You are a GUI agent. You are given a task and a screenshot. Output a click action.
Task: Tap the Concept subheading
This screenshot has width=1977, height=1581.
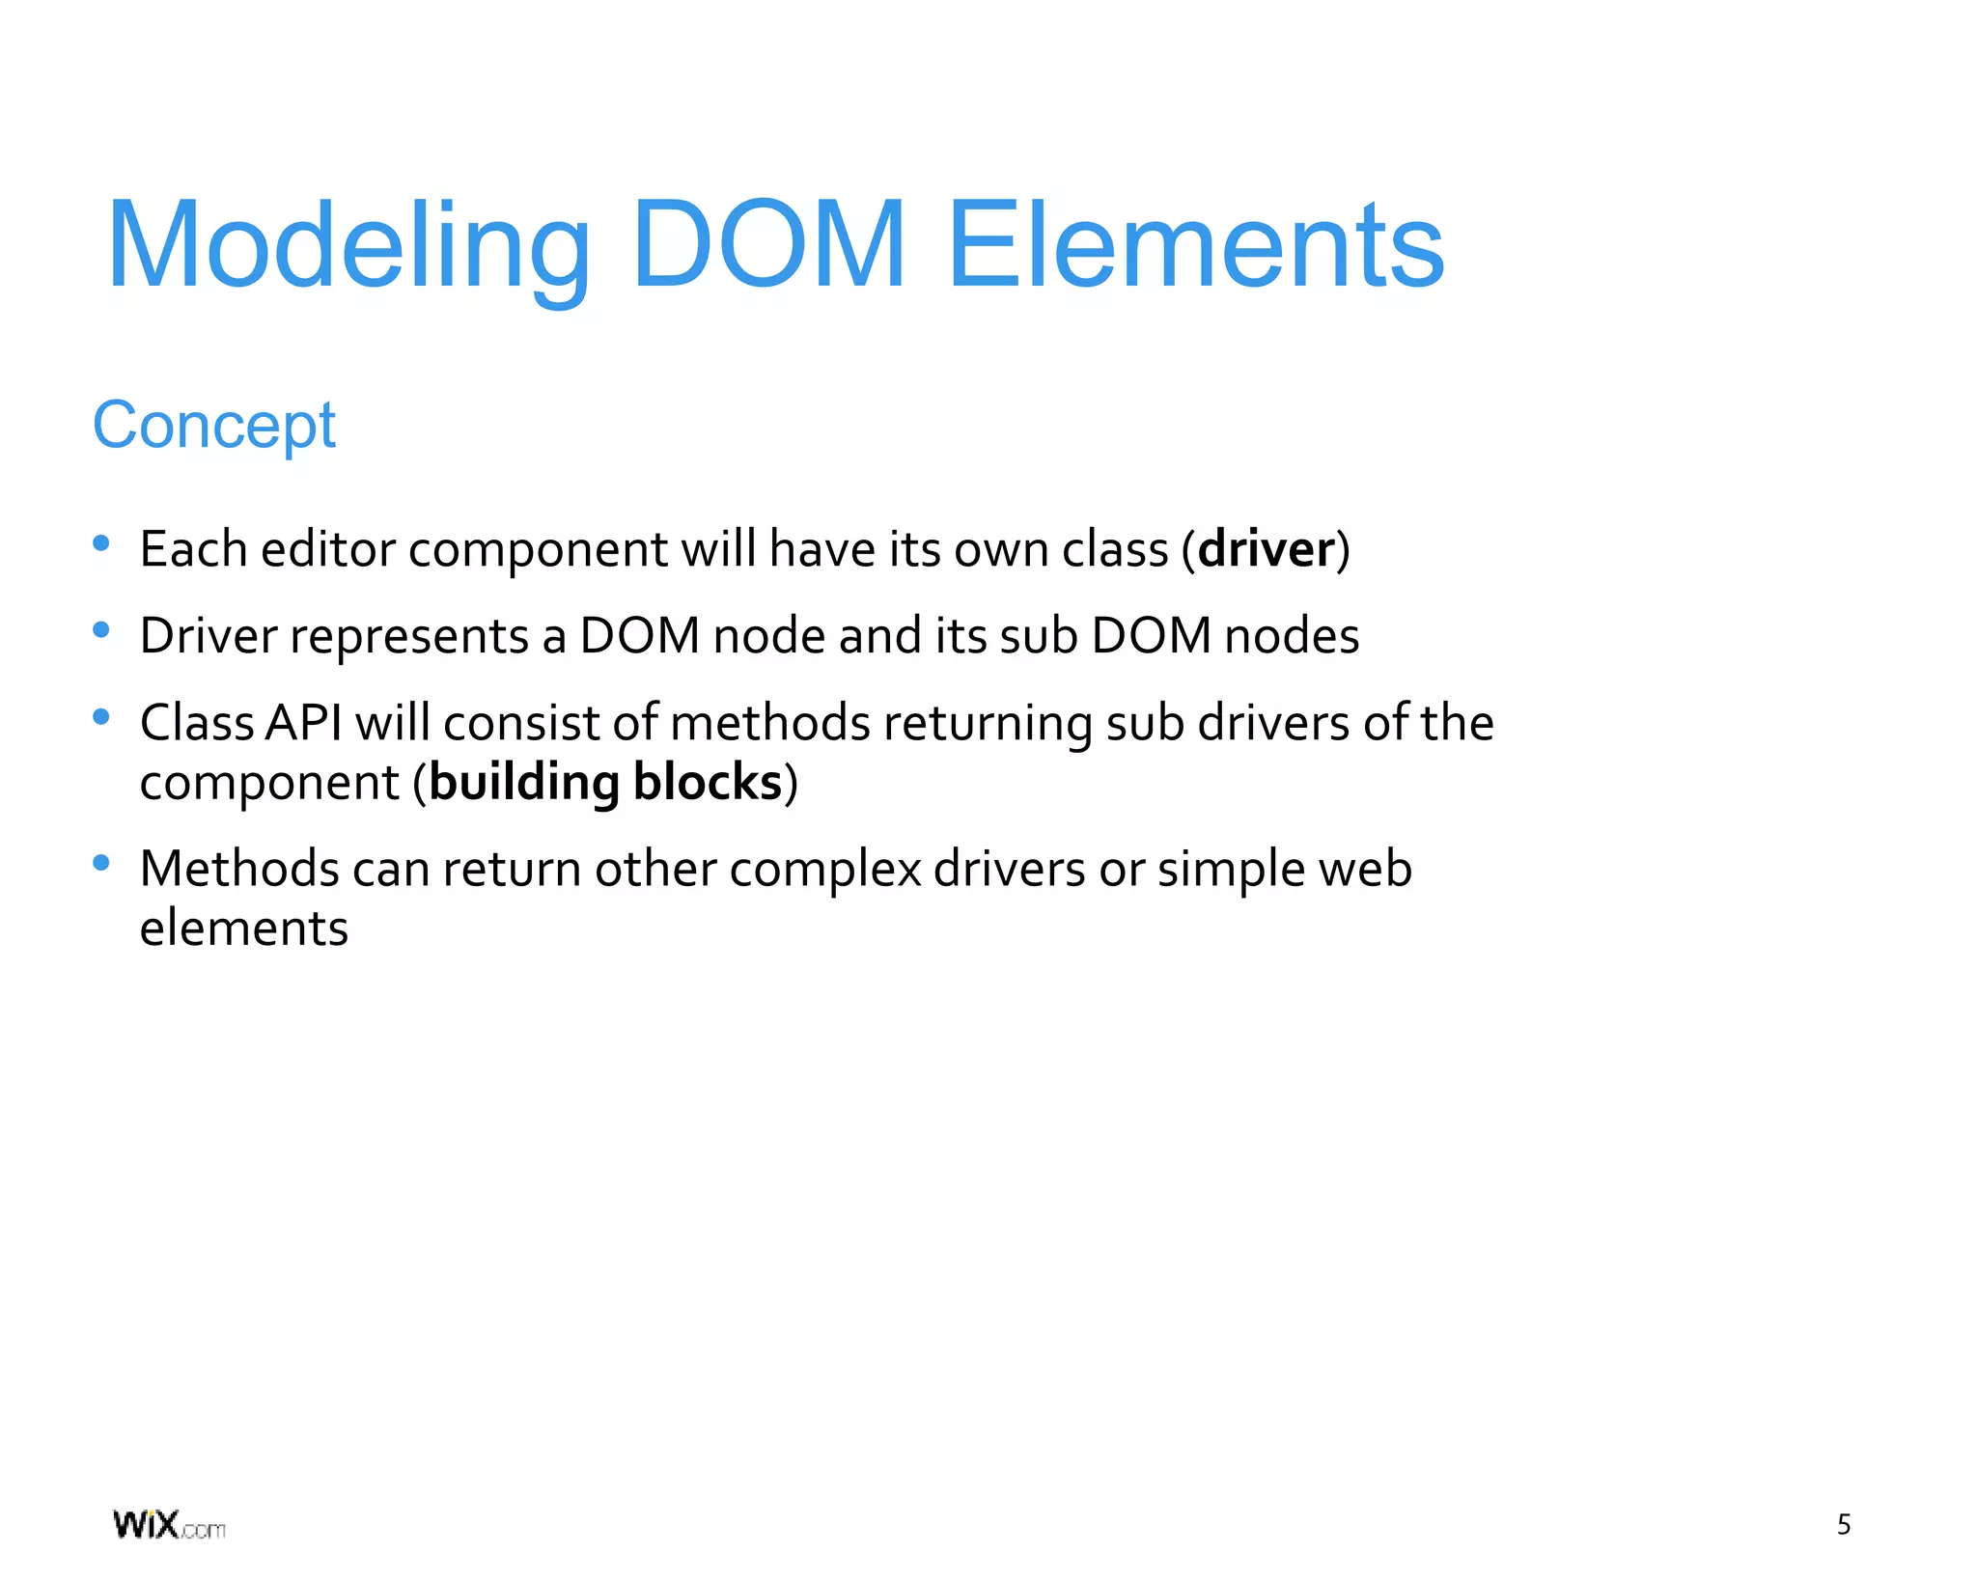pyautogui.click(x=213, y=425)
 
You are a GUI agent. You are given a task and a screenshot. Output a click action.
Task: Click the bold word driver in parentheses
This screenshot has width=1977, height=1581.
pyautogui.click(x=1266, y=549)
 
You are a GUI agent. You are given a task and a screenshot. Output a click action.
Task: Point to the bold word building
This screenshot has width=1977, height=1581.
pyautogui.click(x=523, y=782)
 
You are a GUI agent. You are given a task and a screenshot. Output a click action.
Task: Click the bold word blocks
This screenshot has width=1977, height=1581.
pyautogui.click(x=708, y=782)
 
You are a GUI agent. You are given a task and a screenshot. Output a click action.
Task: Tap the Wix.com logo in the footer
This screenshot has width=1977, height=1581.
pyautogui.click(x=169, y=1525)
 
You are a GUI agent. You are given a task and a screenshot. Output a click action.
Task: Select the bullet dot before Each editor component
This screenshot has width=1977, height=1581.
pyautogui.click(x=100, y=543)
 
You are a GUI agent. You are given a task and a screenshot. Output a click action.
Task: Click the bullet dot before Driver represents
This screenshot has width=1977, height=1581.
pyautogui.click(x=100, y=630)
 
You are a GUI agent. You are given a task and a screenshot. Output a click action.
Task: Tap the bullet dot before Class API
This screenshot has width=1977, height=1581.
pyautogui.click(x=100, y=717)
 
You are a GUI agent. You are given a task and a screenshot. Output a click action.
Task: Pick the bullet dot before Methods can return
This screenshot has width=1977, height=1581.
pyautogui.click(x=100, y=863)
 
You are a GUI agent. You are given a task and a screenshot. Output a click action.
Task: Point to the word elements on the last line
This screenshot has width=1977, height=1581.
pyautogui.click(x=243, y=929)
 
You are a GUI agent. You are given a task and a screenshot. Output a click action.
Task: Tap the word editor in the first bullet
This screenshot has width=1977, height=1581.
pyautogui.click(x=328, y=549)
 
